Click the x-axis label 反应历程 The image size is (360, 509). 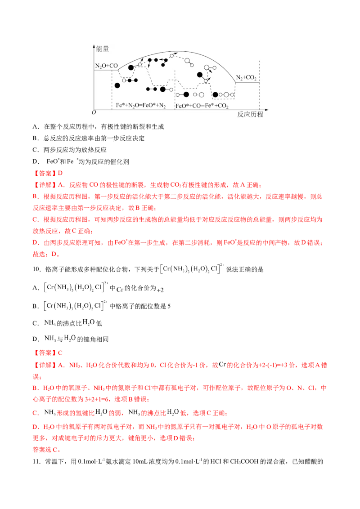click(x=250, y=115)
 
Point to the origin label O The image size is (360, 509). click(x=93, y=113)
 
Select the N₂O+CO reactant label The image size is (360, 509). click(x=106, y=66)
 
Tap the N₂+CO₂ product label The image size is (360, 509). click(x=247, y=78)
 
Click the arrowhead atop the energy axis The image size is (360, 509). click(x=92, y=46)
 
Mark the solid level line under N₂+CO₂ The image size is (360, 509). click(x=247, y=82)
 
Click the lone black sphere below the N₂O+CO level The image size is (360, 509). click(x=117, y=85)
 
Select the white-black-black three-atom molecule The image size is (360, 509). click(x=130, y=80)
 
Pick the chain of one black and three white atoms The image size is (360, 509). click(x=224, y=95)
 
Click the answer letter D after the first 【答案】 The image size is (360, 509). click(x=63, y=172)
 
